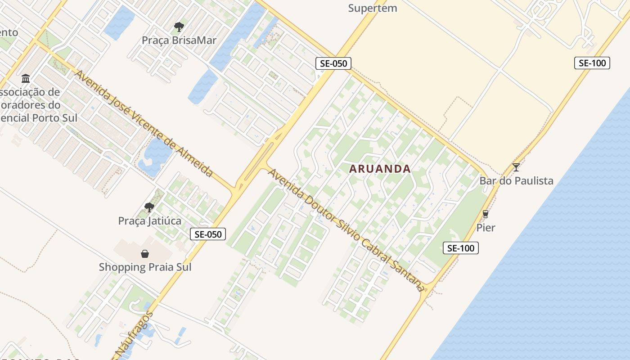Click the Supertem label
pyautogui.click(x=373, y=8)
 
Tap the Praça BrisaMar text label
pyautogui.click(x=179, y=40)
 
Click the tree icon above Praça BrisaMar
pyautogui.click(x=179, y=27)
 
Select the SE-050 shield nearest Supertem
pyautogui.click(x=333, y=63)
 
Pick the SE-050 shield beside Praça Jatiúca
pyautogui.click(x=207, y=234)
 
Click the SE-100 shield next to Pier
pyautogui.click(x=460, y=247)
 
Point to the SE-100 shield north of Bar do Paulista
pyautogui.click(x=592, y=63)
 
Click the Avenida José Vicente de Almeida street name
pyautogui.click(x=144, y=123)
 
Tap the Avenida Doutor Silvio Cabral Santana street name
pyautogui.click(x=346, y=230)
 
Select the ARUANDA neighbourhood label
pyautogui.click(x=380, y=169)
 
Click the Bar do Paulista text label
pyautogui.click(x=516, y=181)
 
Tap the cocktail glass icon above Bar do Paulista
pyautogui.click(x=516, y=167)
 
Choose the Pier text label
pyautogui.click(x=486, y=228)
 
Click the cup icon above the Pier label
pyautogui.click(x=485, y=214)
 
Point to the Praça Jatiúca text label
pyautogui.click(x=149, y=221)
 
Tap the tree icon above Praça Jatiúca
pyautogui.click(x=149, y=207)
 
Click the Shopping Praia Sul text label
pyautogui.click(x=145, y=267)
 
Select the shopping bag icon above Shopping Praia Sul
pyautogui.click(x=145, y=254)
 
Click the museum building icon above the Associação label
pyautogui.click(x=26, y=79)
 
